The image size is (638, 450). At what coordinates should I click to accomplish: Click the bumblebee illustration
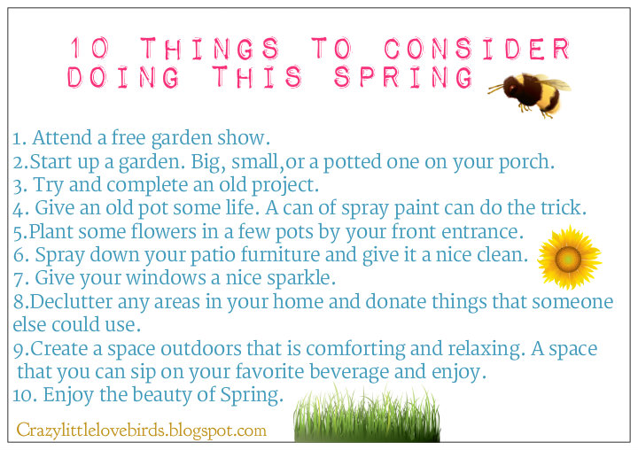tap(532, 92)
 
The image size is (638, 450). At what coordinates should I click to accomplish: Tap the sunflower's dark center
tap(569, 257)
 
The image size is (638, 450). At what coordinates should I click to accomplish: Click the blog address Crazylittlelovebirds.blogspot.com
tap(141, 431)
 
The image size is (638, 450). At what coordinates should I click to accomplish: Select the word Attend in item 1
tap(60, 139)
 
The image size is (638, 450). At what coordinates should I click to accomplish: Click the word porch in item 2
tap(528, 163)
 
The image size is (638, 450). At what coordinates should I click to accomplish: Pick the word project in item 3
tap(286, 186)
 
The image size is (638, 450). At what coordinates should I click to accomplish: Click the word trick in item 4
tap(564, 209)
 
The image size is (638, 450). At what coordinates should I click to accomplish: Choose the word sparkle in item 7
tap(296, 278)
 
